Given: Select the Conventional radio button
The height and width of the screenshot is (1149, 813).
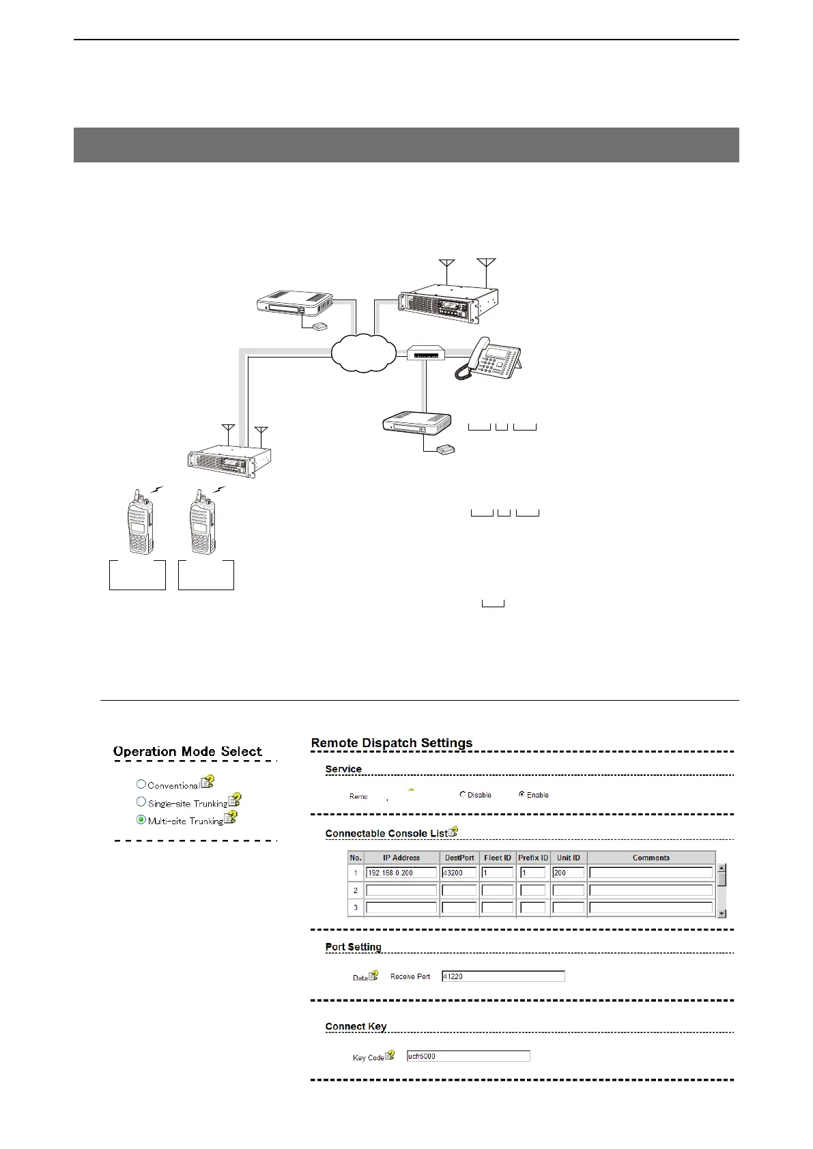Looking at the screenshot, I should [141, 785].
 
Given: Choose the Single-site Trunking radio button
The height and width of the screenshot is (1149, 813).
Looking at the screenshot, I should [141, 802].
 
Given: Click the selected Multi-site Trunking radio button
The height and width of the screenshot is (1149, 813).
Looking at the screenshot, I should [141, 820].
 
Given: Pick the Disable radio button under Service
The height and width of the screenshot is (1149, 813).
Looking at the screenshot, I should [463, 794].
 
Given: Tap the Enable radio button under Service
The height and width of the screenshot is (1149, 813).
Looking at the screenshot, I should [522, 794].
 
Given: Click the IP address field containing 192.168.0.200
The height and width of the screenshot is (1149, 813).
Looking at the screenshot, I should [401, 873].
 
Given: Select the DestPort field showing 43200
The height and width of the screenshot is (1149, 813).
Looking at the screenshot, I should [459, 873].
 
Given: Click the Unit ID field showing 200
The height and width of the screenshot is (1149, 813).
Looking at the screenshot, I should [568, 873].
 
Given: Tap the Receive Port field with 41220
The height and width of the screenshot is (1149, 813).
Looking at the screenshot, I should [503, 976].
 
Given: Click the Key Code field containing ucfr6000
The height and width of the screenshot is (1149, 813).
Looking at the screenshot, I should [468, 1056].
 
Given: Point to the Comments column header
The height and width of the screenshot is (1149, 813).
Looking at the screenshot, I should [651, 858].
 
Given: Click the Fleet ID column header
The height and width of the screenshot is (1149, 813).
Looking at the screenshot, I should [497, 858].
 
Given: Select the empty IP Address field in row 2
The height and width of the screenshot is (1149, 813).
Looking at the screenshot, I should [401, 890].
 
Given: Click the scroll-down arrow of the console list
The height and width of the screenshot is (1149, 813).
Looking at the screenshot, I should [722, 913].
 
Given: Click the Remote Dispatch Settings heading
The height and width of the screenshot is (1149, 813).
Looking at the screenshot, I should [392, 743].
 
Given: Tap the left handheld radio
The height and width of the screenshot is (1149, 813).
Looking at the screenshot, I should [141, 522].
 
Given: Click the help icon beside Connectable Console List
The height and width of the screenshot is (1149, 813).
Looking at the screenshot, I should [454, 832].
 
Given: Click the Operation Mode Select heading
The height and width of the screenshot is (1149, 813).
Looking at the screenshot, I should [188, 752].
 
